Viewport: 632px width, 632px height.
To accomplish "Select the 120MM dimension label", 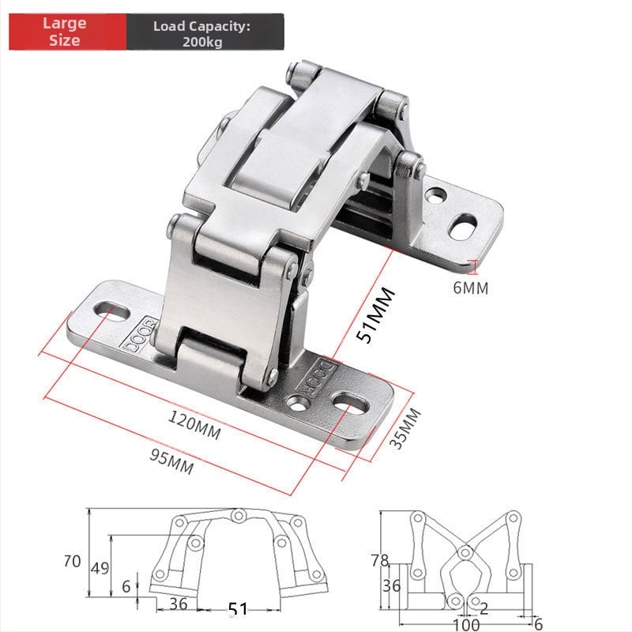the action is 194,424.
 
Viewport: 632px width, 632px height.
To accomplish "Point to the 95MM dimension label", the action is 171,462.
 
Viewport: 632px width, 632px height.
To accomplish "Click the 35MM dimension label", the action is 404,428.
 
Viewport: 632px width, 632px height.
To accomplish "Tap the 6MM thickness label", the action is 470,288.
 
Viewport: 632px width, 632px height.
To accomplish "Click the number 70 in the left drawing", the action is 72,561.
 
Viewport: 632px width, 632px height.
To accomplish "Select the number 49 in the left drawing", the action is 100,568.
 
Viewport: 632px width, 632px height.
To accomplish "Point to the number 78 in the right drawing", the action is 380,560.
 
